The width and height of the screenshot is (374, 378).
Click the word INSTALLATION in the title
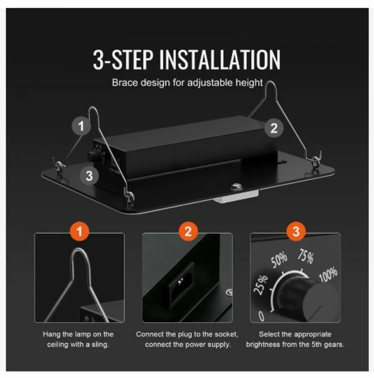pos(220,60)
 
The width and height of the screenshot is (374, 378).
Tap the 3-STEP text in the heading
pos(123,60)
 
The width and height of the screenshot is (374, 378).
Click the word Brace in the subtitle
pos(125,83)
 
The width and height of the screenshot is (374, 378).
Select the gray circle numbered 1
pos(81,126)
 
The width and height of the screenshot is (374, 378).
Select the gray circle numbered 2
pos(274,128)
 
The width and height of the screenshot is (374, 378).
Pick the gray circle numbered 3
pos(89,175)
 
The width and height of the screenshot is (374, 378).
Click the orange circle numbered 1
pos(79,231)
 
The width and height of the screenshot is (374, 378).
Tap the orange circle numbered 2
pos(188,231)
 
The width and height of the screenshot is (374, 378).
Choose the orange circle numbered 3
pos(296,231)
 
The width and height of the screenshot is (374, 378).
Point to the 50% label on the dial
pos(279,260)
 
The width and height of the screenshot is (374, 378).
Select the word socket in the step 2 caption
pos(226,334)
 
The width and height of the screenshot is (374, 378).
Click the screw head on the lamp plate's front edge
pos(236,187)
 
